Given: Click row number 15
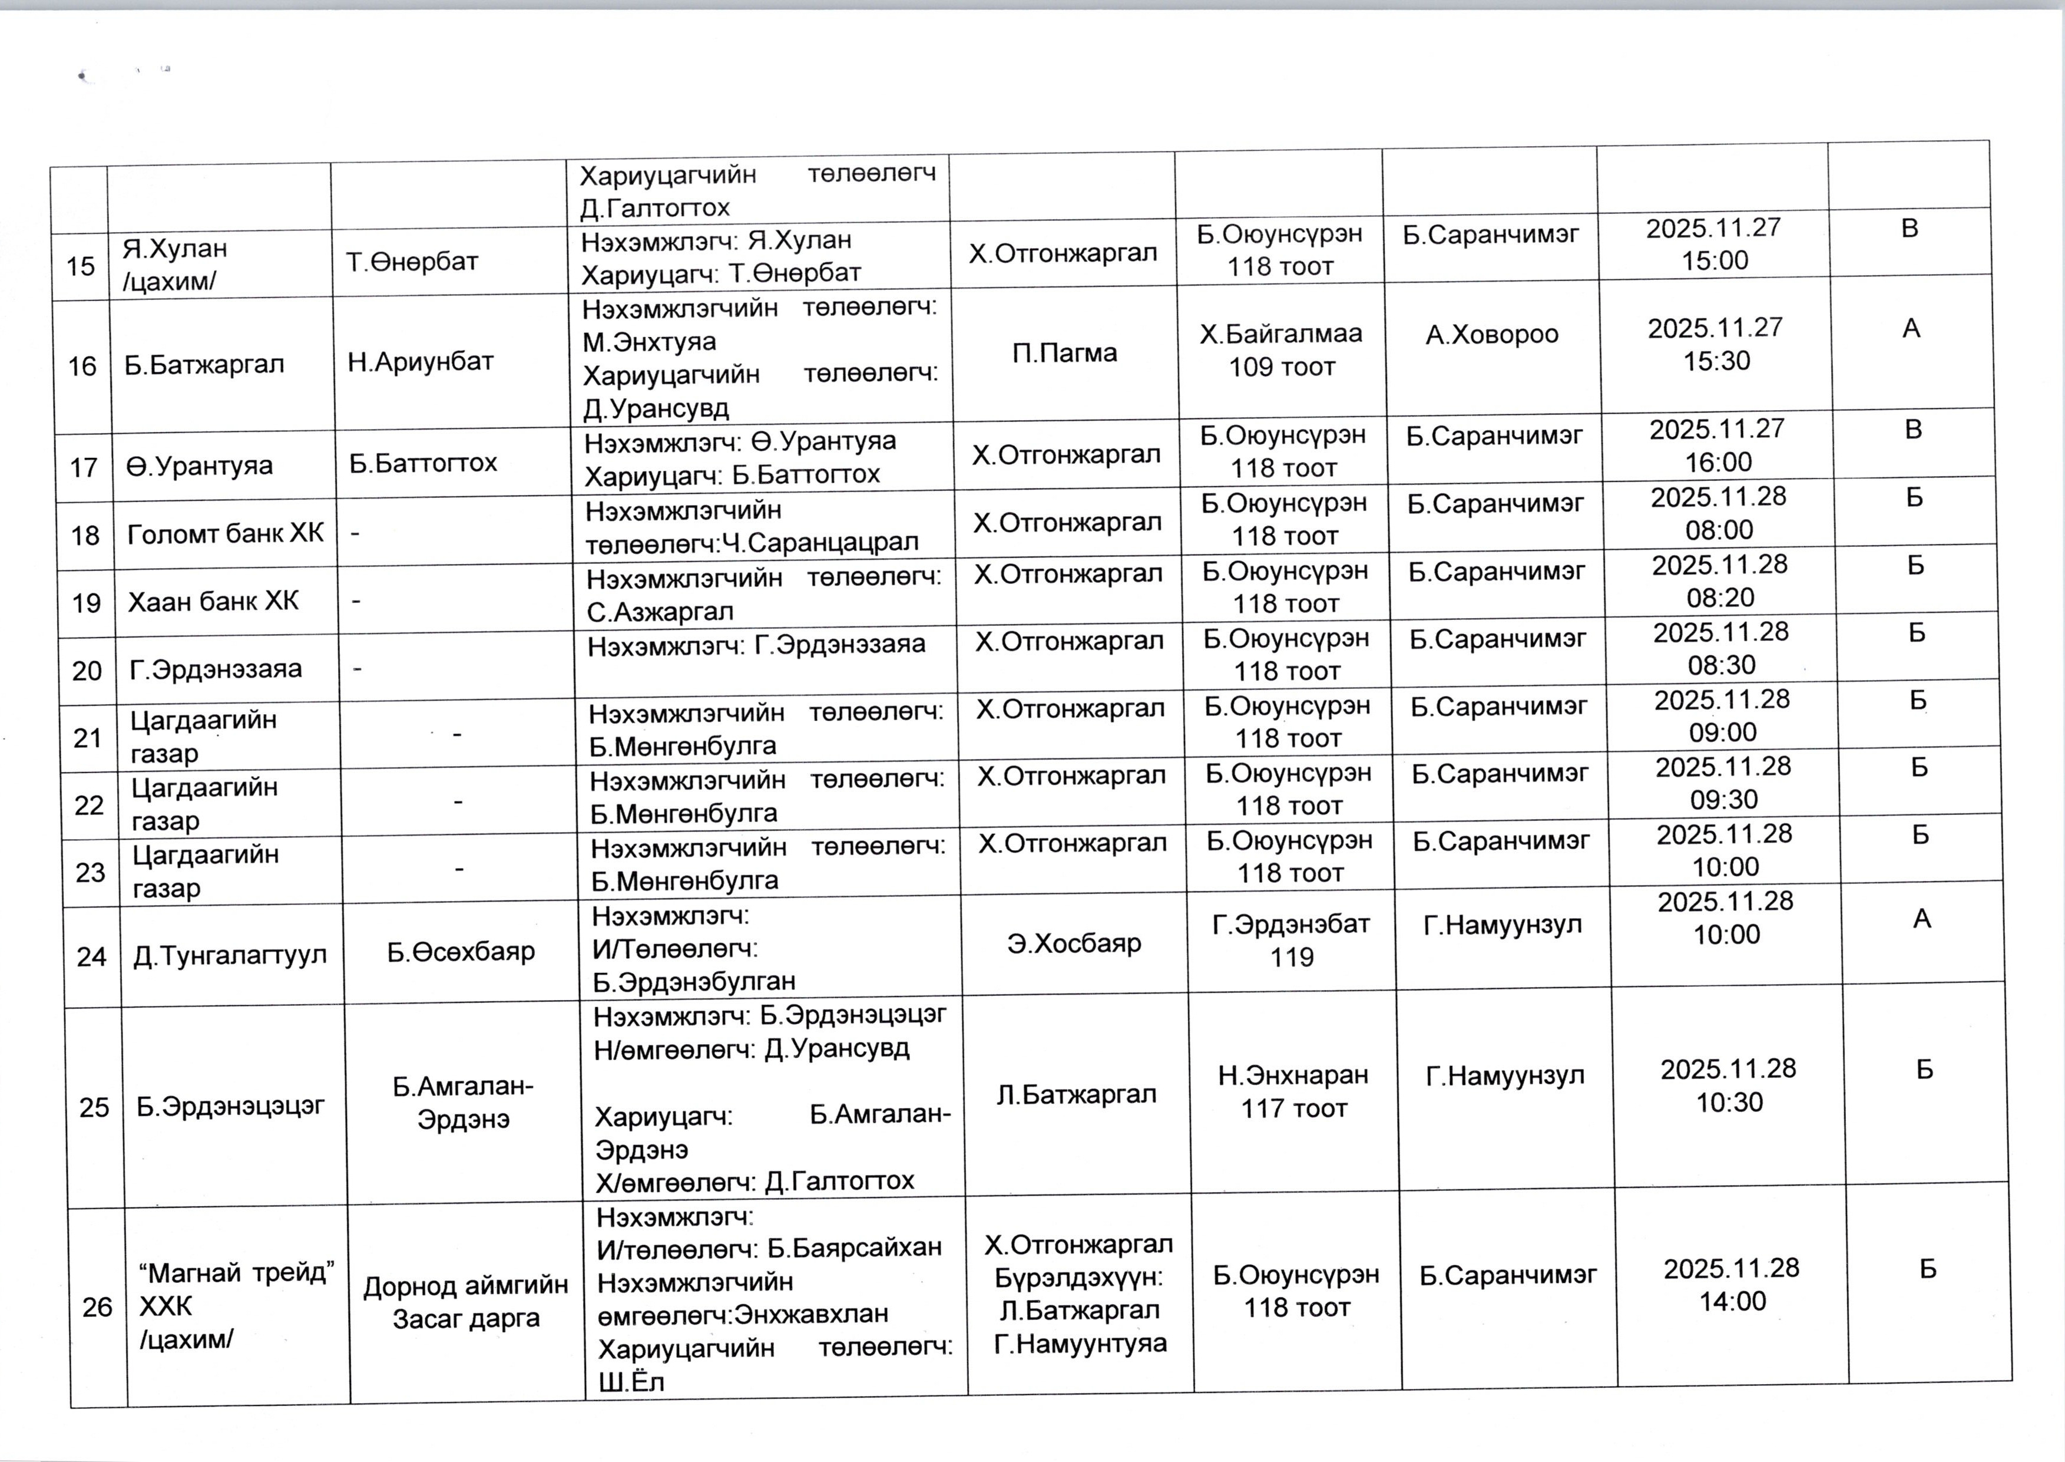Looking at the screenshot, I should click(x=80, y=266).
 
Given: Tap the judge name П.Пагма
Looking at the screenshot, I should click(x=1064, y=353).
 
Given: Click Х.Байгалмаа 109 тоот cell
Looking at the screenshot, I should click(x=1281, y=350).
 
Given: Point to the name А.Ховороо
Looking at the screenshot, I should click(x=1492, y=335).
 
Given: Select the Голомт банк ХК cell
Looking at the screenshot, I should click(x=225, y=534).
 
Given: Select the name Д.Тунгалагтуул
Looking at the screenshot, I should click(x=230, y=955).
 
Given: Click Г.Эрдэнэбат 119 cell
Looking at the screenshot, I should click(x=1291, y=940).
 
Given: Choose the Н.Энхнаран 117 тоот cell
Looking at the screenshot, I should click(x=1294, y=1091).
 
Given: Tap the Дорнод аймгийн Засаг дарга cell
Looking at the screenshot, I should click(x=465, y=1302).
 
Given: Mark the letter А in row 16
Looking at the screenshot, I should click(x=1911, y=329).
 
